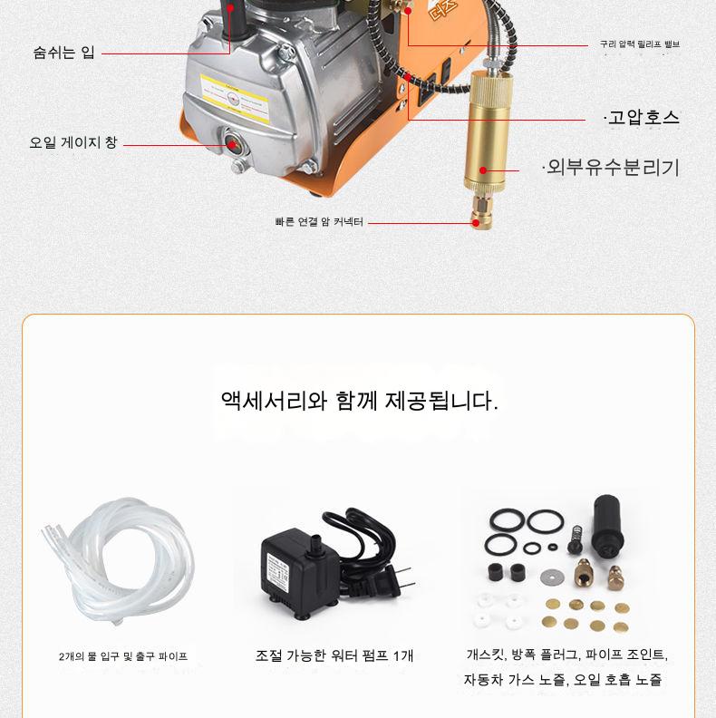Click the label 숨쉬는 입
pos(63,53)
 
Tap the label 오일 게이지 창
pos(73,142)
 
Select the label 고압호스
pos(643,118)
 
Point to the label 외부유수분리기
pos(611,168)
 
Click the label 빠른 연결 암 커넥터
pos(319,222)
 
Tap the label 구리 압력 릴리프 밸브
pos(640,44)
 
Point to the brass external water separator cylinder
pos(486,131)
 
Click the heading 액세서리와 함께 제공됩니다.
pos(360,401)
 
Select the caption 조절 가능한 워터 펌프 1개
pos(334,656)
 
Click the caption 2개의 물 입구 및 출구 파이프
pos(123,656)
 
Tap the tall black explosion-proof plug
pos(607,525)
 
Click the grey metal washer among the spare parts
pos(552,577)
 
